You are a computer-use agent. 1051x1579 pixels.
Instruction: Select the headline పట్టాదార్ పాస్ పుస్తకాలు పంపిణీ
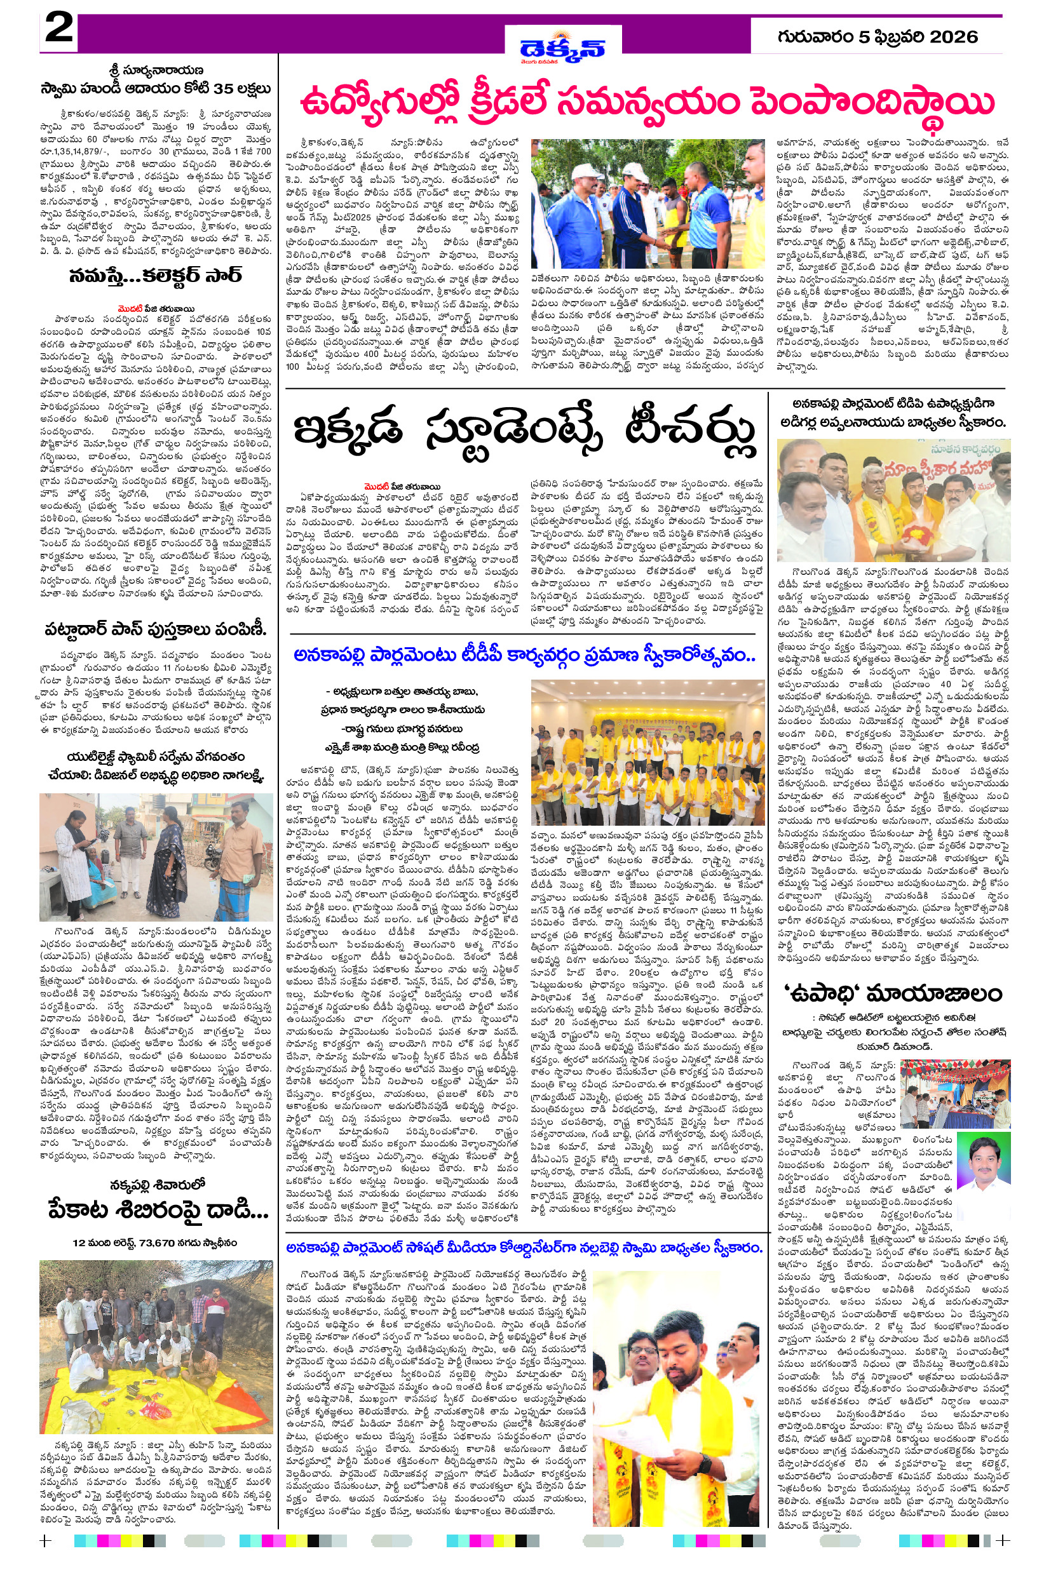click(x=156, y=629)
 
